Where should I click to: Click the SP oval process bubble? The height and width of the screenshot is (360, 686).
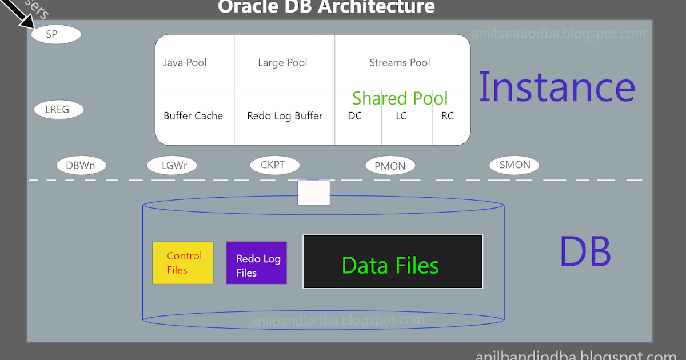click(55, 34)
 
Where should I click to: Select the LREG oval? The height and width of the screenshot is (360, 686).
click(59, 109)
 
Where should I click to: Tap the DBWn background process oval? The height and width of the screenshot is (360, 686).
click(81, 166)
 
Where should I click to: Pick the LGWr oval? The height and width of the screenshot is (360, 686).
click(171, 166)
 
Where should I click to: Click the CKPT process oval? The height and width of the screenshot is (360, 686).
click(275, 165)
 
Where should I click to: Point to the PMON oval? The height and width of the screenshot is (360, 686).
click(390, 166)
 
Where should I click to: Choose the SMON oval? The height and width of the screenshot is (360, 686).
click(514, 165)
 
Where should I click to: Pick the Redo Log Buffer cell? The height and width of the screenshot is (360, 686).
click(284, 116)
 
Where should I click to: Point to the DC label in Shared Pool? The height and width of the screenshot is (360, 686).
click(355, 116)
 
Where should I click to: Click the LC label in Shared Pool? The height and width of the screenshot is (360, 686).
click(401, 116)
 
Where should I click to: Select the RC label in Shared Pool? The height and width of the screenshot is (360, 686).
click(448, 116)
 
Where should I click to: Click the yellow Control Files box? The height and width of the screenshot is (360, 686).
click(183, 263)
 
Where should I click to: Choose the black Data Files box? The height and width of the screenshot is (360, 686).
click(393, 262)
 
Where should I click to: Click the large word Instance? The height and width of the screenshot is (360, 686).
click(556, 87)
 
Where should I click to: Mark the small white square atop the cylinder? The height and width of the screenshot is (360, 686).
click(314, 193)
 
